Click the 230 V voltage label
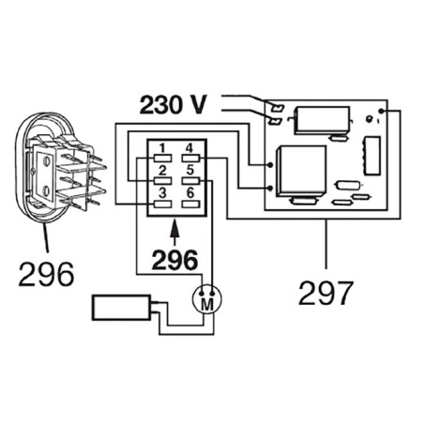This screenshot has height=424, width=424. (x=174, y=105)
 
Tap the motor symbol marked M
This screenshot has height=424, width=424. (x=206, y=299)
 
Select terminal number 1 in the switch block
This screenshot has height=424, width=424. (x=163, y=159)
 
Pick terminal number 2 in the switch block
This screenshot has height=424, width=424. (x=163, y=181)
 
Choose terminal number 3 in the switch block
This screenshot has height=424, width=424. (x=163, y=204)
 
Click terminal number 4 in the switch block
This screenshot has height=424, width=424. (x=190, y=159)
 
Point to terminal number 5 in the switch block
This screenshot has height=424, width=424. (x=190, y=181)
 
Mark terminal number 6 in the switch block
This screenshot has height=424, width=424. (x=190, y=204)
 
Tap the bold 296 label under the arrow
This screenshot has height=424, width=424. (x=174, y=260)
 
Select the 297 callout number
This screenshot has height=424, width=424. (x=326, y=293)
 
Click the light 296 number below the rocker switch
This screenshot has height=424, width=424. (x=46, y=274)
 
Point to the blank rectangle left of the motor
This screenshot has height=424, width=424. (x=121, y=308)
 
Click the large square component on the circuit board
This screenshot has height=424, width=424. (x=301, y=172)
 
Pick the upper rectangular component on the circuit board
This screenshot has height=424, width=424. (x=323, y=120)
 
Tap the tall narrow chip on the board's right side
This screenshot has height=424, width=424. (x=372, y=156)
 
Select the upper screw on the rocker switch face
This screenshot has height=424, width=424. (x=47, y=162)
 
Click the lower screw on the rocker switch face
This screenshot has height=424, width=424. (x=47, y=190)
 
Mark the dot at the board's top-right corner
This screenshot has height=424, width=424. (x=381, y=112)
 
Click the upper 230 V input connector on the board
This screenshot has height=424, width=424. (x=277, y=108)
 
